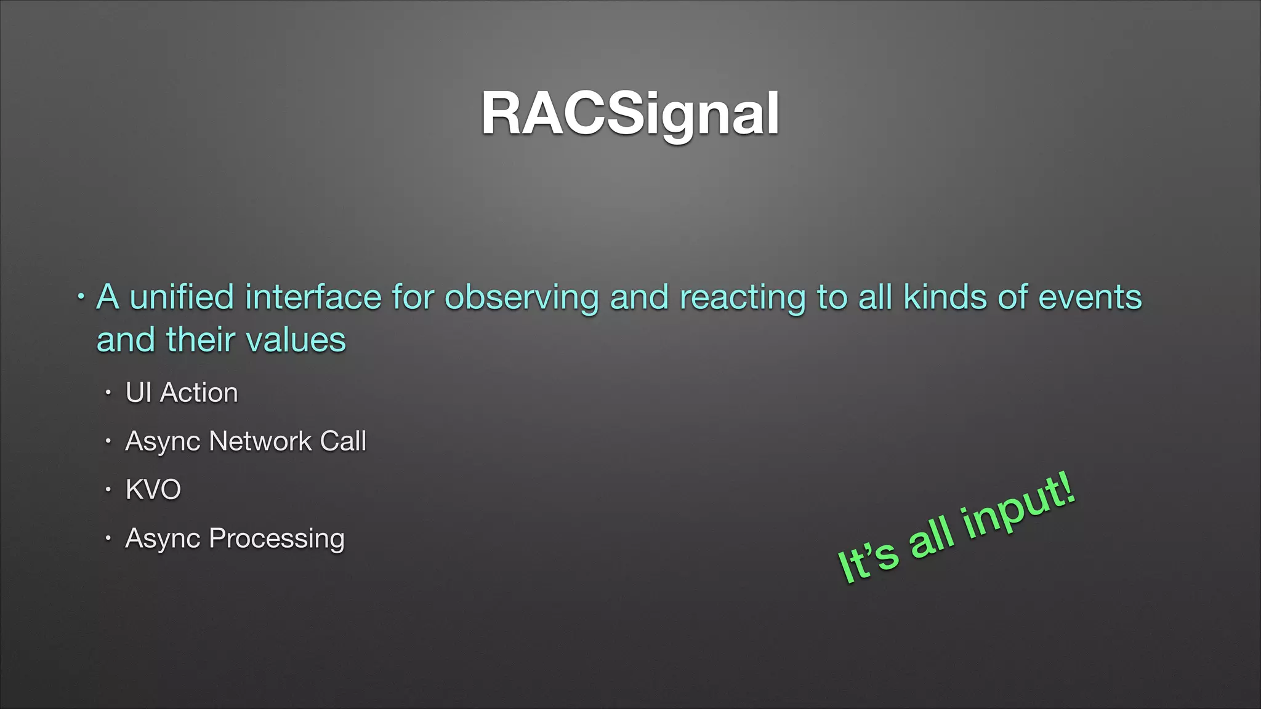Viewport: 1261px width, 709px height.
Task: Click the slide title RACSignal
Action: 630,114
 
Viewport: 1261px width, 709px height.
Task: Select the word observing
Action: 522,298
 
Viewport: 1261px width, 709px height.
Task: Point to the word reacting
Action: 743,298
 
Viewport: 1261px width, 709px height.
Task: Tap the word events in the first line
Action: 1090,297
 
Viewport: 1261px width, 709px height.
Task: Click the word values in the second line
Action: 296,340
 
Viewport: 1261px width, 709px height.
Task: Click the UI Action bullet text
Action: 182,393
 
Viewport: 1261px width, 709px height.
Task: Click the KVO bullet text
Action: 153,490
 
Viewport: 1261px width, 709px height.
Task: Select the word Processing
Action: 276,539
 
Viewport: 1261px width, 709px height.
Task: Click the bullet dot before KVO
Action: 108,490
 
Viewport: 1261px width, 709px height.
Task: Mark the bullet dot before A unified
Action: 81,297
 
